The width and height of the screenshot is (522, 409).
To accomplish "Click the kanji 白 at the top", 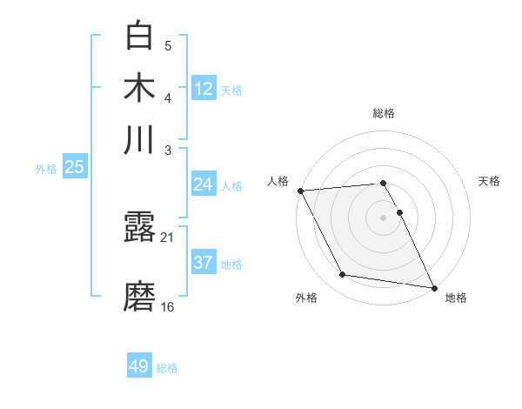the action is pos(139,37).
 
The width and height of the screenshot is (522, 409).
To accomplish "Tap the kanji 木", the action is pos(139,88).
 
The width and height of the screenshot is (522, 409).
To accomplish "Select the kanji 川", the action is pos(139,139).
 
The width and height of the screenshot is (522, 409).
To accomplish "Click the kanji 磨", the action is pos(139,297).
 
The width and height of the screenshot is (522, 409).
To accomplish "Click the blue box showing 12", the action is pos(204,88).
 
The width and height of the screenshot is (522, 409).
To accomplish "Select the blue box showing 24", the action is pos(203,184).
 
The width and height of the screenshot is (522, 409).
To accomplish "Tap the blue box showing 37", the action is pos(203,262).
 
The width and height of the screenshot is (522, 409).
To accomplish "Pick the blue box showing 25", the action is pos(74,167).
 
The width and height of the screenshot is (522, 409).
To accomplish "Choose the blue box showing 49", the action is pos(139,366).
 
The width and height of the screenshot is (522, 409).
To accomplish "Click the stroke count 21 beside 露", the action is pos(167,237).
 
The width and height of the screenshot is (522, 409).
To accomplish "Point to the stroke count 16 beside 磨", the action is pos(168,306).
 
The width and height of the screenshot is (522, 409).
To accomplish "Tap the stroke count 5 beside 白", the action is pos(168,45).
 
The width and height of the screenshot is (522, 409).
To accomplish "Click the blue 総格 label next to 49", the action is pos(167,368).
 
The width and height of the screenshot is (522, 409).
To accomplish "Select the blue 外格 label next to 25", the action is pos(45,169).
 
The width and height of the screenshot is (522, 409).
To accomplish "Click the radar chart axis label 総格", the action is pos(383,113).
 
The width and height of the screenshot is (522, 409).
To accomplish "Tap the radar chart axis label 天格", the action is pos(490,181).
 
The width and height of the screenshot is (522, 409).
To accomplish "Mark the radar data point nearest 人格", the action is pos(300,191).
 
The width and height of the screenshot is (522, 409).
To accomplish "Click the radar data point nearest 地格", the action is pos(433,287).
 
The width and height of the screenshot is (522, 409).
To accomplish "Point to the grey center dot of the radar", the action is pos(383,217).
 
